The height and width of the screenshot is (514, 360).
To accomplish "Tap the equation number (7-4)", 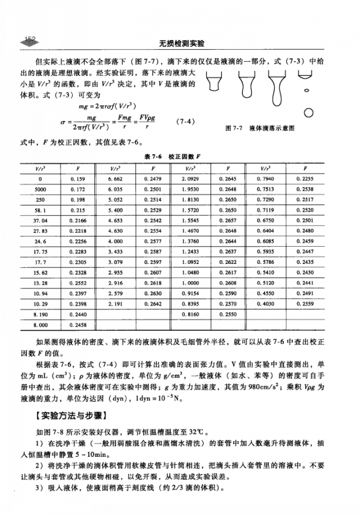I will coord(186,121).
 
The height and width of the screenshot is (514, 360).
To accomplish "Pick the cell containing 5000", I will coord(40,188).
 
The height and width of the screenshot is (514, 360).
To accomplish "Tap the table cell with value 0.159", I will coord(77,179).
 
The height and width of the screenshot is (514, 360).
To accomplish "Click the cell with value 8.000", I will coord(40,326).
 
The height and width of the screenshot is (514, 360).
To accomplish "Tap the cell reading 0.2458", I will coord(77,326).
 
